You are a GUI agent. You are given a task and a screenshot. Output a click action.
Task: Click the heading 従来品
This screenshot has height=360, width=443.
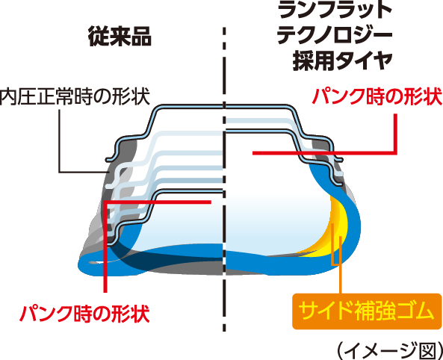pos(120,36)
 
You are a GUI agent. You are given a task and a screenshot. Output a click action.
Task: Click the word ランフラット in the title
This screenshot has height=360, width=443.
pos(335,10)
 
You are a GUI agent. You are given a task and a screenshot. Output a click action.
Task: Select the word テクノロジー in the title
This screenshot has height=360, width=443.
pos(335,34)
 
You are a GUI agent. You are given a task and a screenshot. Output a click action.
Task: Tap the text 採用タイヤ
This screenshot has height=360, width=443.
pos(342,60)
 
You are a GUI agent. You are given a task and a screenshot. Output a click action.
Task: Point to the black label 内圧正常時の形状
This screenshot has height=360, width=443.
pos(75,96)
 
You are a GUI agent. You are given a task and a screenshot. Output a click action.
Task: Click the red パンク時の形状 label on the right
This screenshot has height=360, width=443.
pos(377,96)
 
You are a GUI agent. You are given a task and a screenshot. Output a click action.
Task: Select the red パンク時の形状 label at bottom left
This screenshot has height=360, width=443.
pos(84,314)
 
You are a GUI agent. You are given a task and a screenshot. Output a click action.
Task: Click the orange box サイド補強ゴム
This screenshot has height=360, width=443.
pos(367,311)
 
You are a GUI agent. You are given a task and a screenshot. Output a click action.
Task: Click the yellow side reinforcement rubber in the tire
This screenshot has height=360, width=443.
pos(339,226)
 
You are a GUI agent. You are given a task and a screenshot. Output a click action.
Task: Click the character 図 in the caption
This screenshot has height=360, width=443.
pos(425,351)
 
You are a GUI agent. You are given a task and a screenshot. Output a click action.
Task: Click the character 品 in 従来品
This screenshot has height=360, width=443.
pos(141,37)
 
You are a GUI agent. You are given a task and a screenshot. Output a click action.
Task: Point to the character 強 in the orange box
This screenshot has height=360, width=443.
pos(384,311)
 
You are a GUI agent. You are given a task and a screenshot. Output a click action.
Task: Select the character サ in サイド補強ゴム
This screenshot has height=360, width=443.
pos(308,311)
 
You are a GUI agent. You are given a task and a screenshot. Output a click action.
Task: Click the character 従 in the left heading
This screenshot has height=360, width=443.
pos(99,37)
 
